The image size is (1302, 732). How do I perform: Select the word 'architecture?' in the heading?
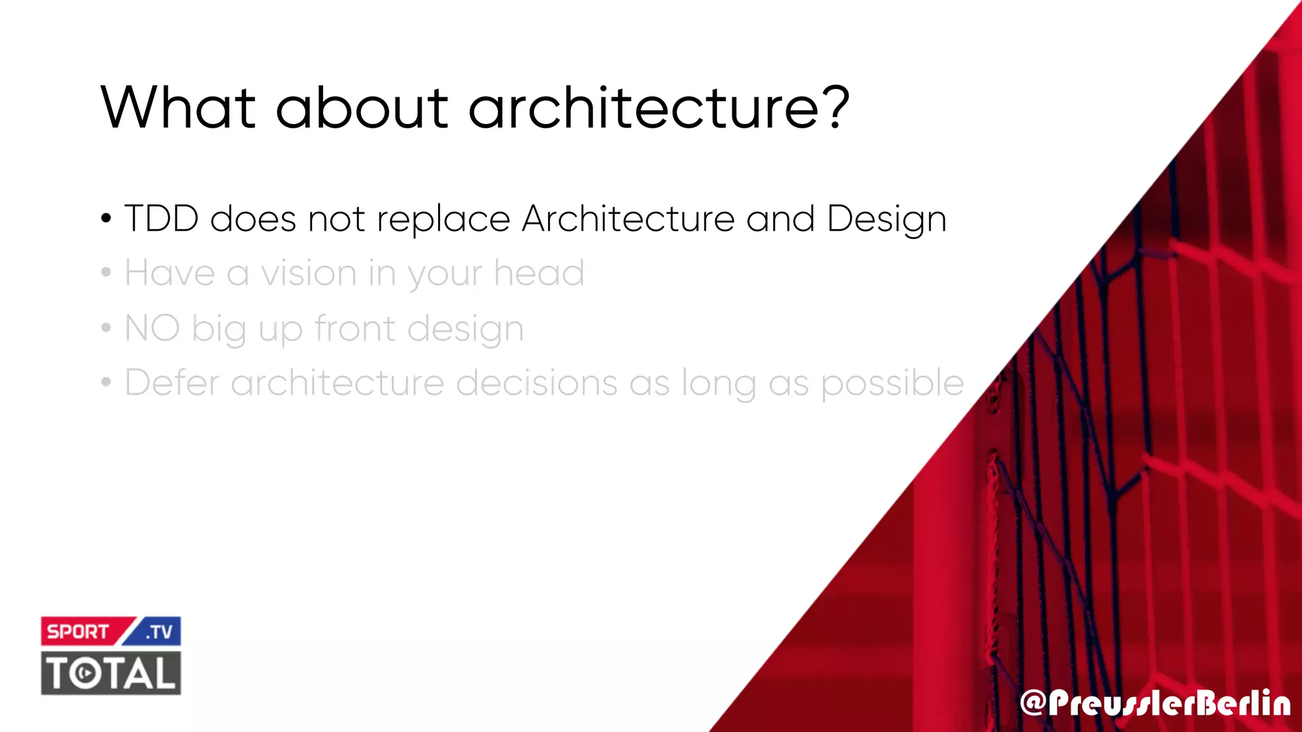coord(659,108)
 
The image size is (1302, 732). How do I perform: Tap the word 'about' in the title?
coord(362,108)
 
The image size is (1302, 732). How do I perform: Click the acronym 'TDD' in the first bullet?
coord(161,219)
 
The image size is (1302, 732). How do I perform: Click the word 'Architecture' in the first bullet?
coord(628,219)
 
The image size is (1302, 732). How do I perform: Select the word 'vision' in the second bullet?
coord(309,274)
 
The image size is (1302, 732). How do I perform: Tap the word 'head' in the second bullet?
coord(539,274)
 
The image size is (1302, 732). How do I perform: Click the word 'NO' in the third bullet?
coord(152,329)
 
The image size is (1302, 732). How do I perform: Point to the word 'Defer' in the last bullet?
coord(172,383)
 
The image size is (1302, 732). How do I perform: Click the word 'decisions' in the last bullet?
coord(537,383)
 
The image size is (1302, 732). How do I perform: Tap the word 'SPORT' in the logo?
coord(78,632)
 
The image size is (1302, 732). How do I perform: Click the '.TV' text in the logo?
coord(159,632)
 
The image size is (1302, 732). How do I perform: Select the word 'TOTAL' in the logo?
coord(111,673)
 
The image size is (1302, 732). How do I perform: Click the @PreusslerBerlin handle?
coord(1155,703)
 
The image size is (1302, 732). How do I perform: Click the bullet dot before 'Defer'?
coord(106,383)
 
